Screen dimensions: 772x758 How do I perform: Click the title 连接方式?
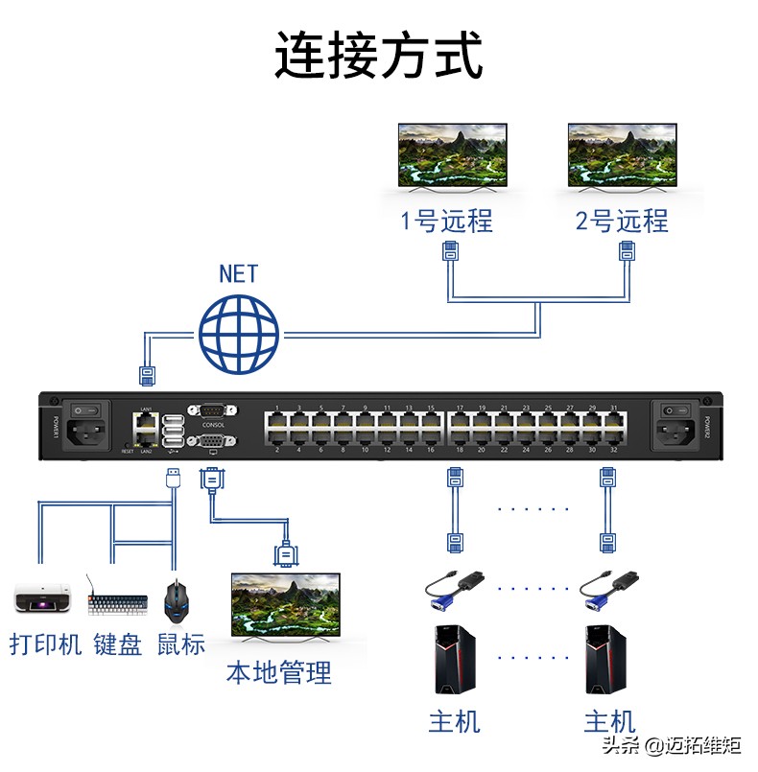pyautogui.click(x=378, y=55)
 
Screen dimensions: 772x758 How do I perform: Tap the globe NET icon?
pyautogui.click(x=239, y=335)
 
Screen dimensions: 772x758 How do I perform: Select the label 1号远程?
pyautogui.click(x=446, y=222)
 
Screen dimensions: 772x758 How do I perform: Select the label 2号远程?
pyautogui.click(x=621, y=222)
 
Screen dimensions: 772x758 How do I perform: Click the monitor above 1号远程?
pyautogui.click(x=452, y=156)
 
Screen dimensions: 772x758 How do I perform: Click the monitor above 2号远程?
pyautogui.click(x=621, y=156)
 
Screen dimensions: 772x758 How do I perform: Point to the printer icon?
pyautogui.click(x=44, y=599)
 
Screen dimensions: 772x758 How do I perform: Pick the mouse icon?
pyautogui.click(x=177, y=600)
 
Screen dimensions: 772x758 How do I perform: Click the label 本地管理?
pyautogui.click(x=278, y=672)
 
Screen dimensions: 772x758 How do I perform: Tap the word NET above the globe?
pyautogui.click(x=238, y=273)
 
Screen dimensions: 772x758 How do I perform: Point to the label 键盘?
pyautogui.click(x=118, y=643)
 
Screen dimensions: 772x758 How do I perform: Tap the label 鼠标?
pyautogui.click(x=181, y=643)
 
